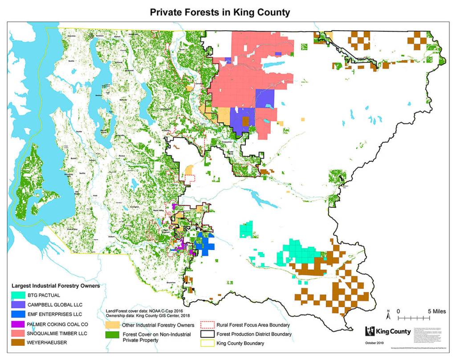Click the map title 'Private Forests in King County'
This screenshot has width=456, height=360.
[219, 12]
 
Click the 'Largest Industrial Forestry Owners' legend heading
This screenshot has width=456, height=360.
[55, 285]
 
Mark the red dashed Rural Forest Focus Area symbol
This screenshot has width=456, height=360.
[207, 325]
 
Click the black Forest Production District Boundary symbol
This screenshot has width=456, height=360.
[207, 334]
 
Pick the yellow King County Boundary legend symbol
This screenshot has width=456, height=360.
[207, 344]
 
